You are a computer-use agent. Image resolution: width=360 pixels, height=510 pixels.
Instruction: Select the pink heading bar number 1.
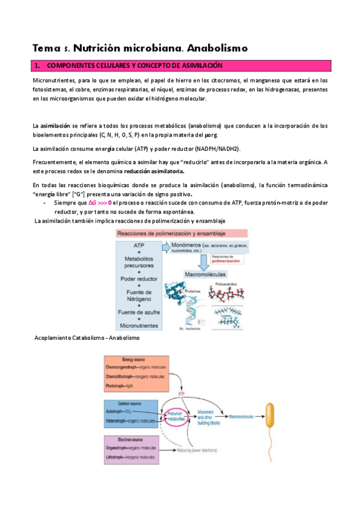coord(180,65)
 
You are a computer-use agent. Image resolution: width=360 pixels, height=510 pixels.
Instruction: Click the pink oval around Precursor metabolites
coord(175,416)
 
